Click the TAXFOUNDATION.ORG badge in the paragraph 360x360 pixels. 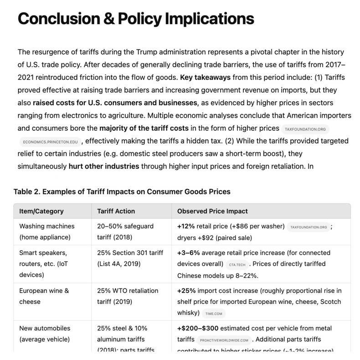305,129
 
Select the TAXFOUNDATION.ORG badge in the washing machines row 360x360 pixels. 309,226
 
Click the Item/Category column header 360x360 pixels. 41,211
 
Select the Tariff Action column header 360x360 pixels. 116,211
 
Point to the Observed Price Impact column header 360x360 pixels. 212,211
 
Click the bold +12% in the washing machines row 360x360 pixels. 186,226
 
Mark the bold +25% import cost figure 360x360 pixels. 186,291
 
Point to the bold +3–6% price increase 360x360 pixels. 188,252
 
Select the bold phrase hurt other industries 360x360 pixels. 104,166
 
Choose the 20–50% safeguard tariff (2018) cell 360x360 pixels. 125,231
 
